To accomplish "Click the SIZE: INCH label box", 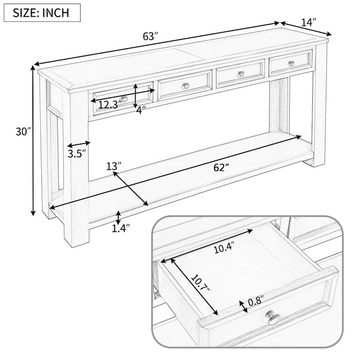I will pos(42,13).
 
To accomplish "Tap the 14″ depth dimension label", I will pos(309,22).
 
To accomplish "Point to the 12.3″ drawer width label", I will pos(110,105).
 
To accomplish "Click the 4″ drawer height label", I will pos(141,110).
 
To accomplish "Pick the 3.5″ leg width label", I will pos(77,154).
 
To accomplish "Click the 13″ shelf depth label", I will pos(114,166).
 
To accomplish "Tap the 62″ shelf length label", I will pos(220,167).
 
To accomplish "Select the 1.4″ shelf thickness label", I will pos(121,228).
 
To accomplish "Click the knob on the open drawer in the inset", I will pos(273,319).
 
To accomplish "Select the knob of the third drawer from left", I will pos(241,74).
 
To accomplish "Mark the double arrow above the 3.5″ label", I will pos(79,144).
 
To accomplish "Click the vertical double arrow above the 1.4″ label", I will pos(118,217).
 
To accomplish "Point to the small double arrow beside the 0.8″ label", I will pos(243,306).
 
